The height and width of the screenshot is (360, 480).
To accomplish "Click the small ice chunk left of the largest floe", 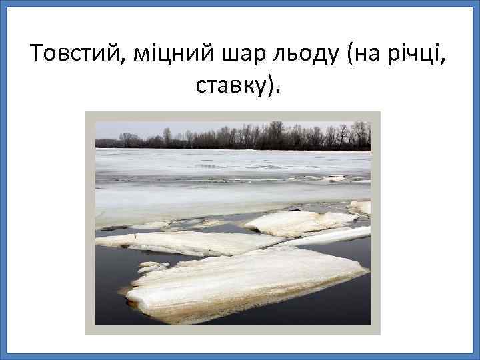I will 151,267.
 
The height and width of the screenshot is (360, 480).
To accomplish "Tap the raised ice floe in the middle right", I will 300,223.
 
